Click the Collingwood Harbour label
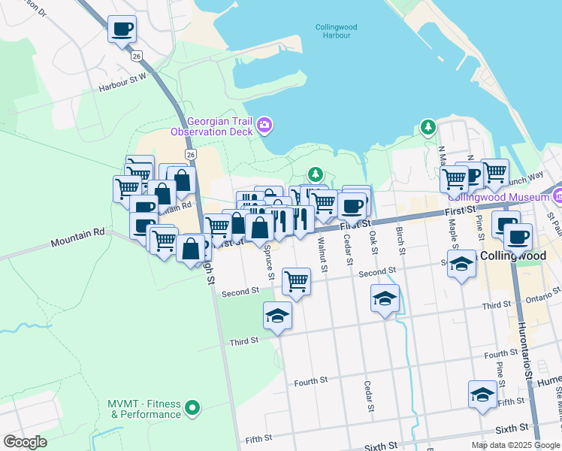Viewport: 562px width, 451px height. (336, 32)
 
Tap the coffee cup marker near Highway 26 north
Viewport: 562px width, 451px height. (122, 30)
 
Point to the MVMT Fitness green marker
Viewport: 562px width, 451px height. (193, 408)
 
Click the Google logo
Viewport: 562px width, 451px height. (25, 442)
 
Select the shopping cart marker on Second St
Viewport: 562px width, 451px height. (297, 281)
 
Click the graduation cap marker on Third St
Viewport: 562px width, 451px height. (277, 316)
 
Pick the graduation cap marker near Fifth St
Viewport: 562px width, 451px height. (482, 393)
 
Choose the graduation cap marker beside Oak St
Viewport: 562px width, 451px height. (385, 298)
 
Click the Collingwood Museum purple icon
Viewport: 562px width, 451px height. (557, 197)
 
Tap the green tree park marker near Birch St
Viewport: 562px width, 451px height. (428, 127)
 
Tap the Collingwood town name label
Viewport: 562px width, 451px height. (515, 256)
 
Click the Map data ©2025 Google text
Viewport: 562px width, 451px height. (515, 445)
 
